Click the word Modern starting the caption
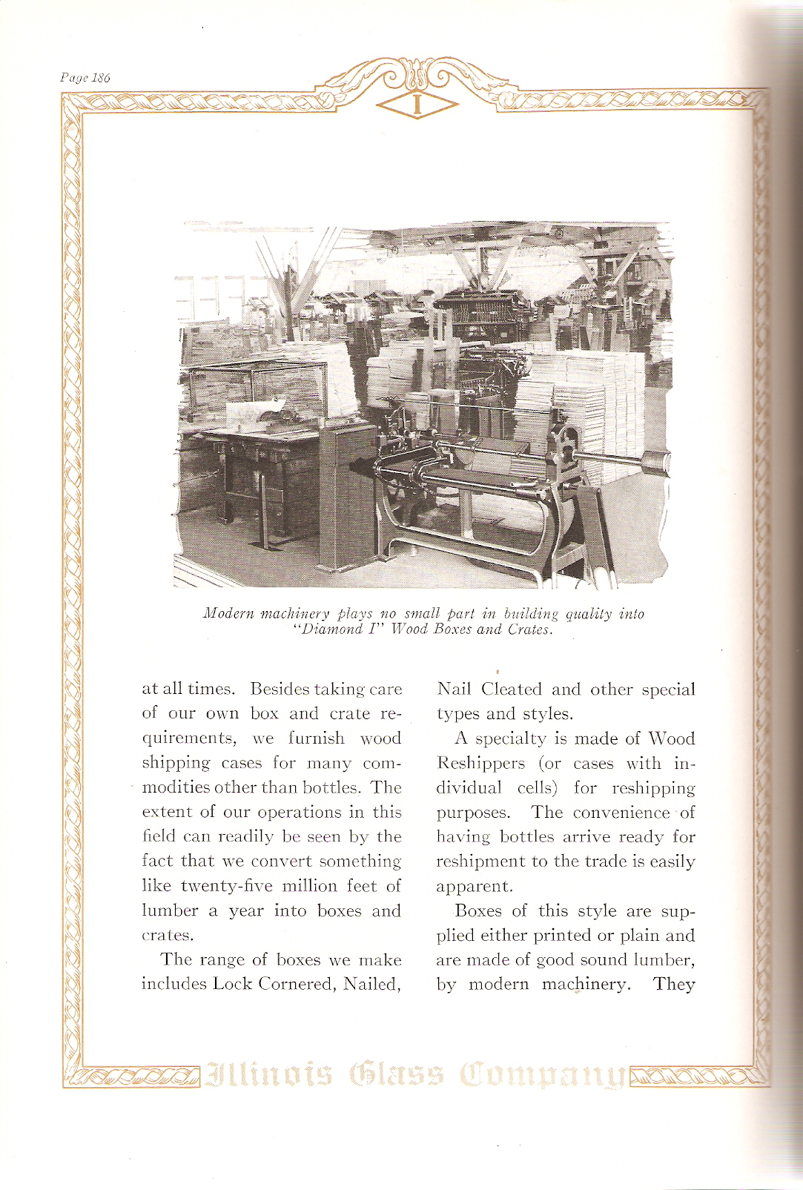pos(228,613)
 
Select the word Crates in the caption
pos(530,629)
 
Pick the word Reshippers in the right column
pos(480,763)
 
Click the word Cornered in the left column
pos(296,984)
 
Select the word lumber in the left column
pos(170,910)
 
